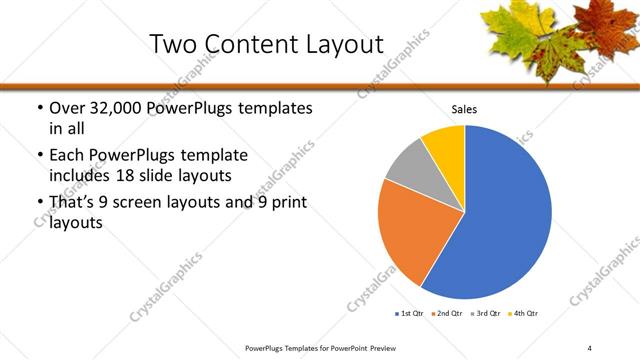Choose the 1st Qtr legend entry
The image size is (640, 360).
[x=410, y=314]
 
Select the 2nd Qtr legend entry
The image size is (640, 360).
[x=448, y=314]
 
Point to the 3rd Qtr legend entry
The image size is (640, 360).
[x=487, y=314]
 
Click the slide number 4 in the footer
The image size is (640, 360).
[x=590, y=347]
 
